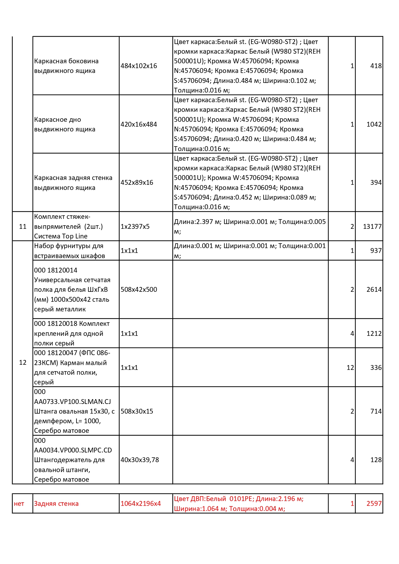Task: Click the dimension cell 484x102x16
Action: pos(139,66)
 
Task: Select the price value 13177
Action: pos(372,227)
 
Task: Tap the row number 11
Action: pos(23,227)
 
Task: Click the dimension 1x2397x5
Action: pos(135,227)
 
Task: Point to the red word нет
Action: pos(19,504)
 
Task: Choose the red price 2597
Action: pos(374,504)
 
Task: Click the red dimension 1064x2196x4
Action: pos(141,504)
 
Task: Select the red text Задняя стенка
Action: pos(56,504)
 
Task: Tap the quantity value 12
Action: pos(350,368)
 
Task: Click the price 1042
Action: pos(374,124)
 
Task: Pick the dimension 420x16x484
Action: pos(139,124)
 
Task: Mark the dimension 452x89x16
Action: pos(137,183)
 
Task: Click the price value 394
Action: pos(376,183)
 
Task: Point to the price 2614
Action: pos(374,290)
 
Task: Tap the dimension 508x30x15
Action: pos(137,411)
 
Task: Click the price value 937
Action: pos(376,251)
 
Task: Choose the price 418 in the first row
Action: pos(376,66)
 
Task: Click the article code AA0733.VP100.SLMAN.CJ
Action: pos(72,402)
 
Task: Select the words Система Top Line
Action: pos(61,236)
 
